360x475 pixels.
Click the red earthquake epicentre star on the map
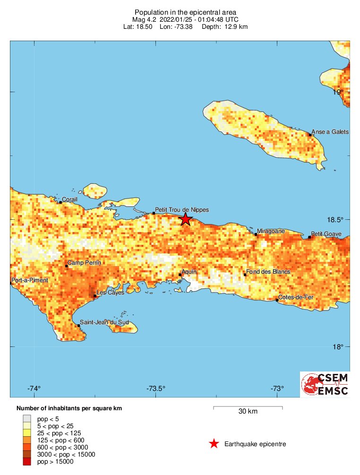tap(186, 219)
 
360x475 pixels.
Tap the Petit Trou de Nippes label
tap(182, 209)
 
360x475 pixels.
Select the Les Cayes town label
tap(110, 293)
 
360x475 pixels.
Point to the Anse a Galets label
tap(330, 132)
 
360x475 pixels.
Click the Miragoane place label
tap(271, 231)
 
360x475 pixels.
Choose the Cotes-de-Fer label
tap(296, 297)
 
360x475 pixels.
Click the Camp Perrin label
tap(84, 263)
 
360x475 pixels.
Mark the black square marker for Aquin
tap(180, 275)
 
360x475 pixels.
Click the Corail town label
tap(70, 199)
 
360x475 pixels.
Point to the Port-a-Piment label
tap(29, 280)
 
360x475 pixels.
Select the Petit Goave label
tap(326, 233)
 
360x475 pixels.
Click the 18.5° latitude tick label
tap(336, 220)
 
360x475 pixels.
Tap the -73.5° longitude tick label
tap(155, 389)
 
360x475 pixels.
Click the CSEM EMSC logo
tap(325, 384)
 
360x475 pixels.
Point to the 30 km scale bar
tap(248, 407)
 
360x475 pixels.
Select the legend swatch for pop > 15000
tap(27, 462)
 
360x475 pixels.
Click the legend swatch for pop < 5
tap(27, 419)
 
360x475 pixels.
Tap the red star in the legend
tap(214, 443)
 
